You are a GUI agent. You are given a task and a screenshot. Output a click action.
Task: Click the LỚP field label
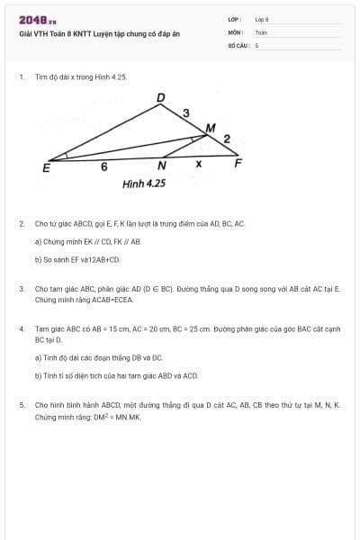point(234,19)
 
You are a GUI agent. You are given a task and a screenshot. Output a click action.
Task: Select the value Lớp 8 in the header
point(262,19)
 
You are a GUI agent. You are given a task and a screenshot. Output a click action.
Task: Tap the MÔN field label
point(235,31)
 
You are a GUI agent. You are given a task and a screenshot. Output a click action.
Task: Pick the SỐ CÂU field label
point(238,44)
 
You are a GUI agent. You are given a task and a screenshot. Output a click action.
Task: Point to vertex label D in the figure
point(161,97)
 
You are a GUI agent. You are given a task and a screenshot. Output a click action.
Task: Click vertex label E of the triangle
point(46,167)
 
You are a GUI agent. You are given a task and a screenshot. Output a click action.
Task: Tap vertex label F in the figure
point(238,163)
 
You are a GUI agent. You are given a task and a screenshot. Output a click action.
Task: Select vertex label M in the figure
point(211,128)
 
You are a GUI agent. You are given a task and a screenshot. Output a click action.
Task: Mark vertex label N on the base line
point(162,166)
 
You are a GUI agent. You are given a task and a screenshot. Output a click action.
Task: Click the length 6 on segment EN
point(103,166)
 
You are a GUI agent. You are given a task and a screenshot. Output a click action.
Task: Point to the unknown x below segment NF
point(198,164)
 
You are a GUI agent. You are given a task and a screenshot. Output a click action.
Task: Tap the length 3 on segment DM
point(185,112)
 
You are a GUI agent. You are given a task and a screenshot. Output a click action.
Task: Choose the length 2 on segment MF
point(227,139)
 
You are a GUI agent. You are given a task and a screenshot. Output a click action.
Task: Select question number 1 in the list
point(22,77)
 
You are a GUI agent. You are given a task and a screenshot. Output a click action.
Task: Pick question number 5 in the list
point(22,405)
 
